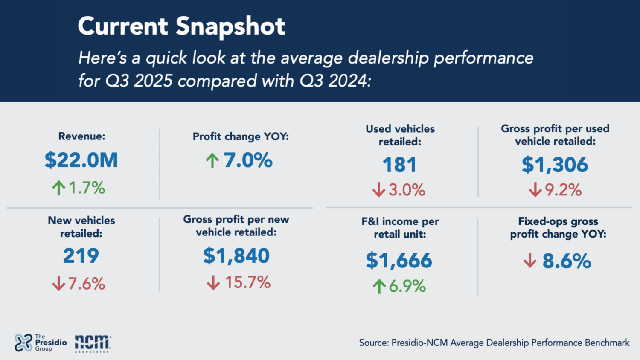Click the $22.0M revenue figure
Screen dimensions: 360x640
pyautogui.click(x=81, y=160)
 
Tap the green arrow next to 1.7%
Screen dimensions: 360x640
pyautogui.click(x=58, y=188)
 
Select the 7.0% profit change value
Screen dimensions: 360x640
pyautogui.click(x=248, y=160)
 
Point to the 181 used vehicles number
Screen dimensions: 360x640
pyautogui.click(x=399, y=165)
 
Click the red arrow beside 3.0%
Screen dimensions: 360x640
pyautogui.click(x=378, y=190)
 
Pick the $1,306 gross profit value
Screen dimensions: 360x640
pyautogui.click(x=555, y=165)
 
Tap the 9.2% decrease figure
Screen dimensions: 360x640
pyautogui.click(x=563, y=190)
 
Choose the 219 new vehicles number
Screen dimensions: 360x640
pyautogui.click(x=81, y=256)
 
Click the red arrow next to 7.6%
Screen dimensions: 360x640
pyautogui.click(x=58, y=284)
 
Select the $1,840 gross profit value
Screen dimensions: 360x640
pyautogui.click(x=236, y=256)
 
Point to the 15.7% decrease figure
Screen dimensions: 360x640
pyautogui.click(x=247, y=282)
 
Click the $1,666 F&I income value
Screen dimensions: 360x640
pyautogui.click(x=399, y=261)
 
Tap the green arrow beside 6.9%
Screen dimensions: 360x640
pyautogui.click(x=379, y=286)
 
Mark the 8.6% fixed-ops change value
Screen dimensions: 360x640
pyautogui.click(x=567, y=261)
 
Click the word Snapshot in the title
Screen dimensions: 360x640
pyautogui.click(x=230, y=26)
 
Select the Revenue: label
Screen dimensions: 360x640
pyautogui.click(x=81, y=136)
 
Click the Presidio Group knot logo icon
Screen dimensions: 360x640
pyautogui.click(x=23, y=343)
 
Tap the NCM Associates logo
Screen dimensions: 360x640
pyautogui.click(x=93, y=343)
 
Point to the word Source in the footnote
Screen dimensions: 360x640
pyautogui.click(x=373, y=343)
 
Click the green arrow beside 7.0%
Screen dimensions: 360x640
pyautogui.click(x=212, y=161)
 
